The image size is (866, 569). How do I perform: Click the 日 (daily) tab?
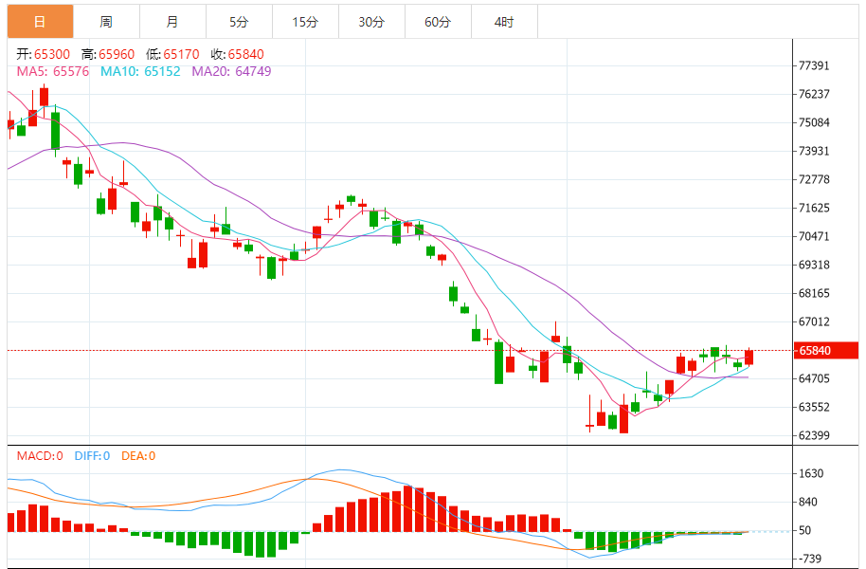(40, 22)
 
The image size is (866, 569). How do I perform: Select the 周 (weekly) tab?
(106, 22)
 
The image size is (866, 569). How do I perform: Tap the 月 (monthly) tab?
(171, 22)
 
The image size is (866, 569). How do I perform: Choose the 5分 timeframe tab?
(238, 22)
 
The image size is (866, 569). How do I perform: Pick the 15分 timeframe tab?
(305, 22)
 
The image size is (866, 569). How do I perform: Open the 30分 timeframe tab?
(371, 22)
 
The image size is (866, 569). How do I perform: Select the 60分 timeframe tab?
(438, 22)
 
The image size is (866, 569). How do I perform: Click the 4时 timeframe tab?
(504, 22)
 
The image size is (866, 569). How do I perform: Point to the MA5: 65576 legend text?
(54, 71)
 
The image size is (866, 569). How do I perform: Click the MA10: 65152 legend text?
(140, 71)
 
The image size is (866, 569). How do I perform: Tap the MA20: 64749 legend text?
(231, 71)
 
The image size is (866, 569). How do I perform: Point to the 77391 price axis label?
(814, 66)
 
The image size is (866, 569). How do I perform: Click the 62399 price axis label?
(814, 436)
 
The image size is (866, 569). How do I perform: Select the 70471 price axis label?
(814, 237)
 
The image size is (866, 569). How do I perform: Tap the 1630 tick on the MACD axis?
(811, 474)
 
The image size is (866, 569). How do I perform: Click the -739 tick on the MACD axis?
(811, 560)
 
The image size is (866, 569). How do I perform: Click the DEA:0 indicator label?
(138, 456)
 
